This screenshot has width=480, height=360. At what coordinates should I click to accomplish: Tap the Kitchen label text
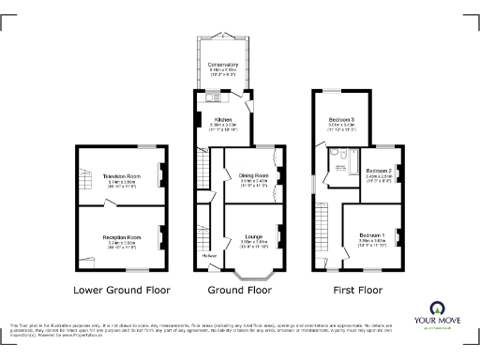[x=223, y=120]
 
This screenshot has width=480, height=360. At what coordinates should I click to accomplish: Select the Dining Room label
[x=253, y=175]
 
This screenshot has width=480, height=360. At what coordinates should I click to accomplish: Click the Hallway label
[x=209, y=254]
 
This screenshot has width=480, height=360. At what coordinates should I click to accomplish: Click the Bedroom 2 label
[x=378, y=172]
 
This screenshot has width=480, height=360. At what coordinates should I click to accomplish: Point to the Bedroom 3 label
[x=341, y=120]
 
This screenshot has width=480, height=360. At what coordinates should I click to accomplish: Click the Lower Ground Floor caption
[x=121, y=290]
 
